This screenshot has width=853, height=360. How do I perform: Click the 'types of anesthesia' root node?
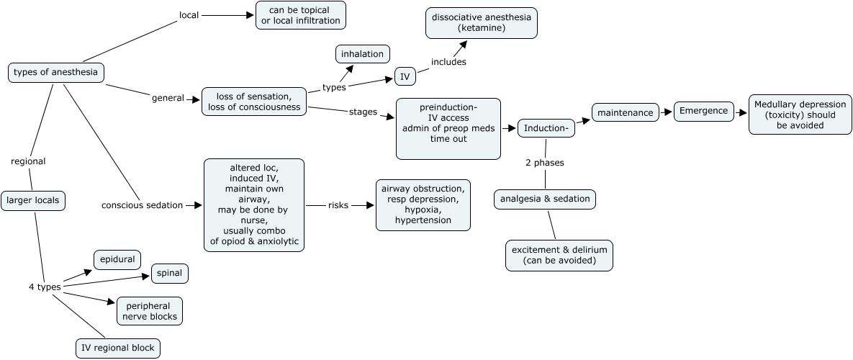(56, 72)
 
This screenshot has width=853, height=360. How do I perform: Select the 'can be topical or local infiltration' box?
(301, 15)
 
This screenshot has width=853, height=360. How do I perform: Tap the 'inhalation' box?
(363, 54)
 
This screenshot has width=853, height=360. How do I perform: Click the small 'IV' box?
(405, 76)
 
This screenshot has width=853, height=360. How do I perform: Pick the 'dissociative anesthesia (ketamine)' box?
(482, 22)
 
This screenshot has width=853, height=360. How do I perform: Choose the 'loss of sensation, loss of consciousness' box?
(254, 102)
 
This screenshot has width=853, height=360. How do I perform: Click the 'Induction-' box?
(546, 128)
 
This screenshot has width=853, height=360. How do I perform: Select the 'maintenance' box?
(625, 112)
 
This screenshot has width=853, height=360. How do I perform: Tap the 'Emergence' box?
(704, 112)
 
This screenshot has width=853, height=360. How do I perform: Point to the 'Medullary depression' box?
(800, 114)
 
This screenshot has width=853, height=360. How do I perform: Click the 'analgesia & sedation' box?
(545, 199)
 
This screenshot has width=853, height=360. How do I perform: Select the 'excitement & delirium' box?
(559, 255)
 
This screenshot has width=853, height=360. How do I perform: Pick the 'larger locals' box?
(33, 201)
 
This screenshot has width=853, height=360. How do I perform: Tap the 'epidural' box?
(117, 259)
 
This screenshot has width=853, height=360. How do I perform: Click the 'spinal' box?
(170, 274)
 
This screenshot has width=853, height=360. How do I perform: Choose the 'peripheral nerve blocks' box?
(150, 311)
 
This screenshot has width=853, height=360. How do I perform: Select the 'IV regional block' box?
(118, 348)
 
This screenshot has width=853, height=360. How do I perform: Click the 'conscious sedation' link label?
(142, 204)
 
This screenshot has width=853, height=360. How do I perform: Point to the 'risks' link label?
(338, 204)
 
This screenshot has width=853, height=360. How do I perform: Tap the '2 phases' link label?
(544, 163)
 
